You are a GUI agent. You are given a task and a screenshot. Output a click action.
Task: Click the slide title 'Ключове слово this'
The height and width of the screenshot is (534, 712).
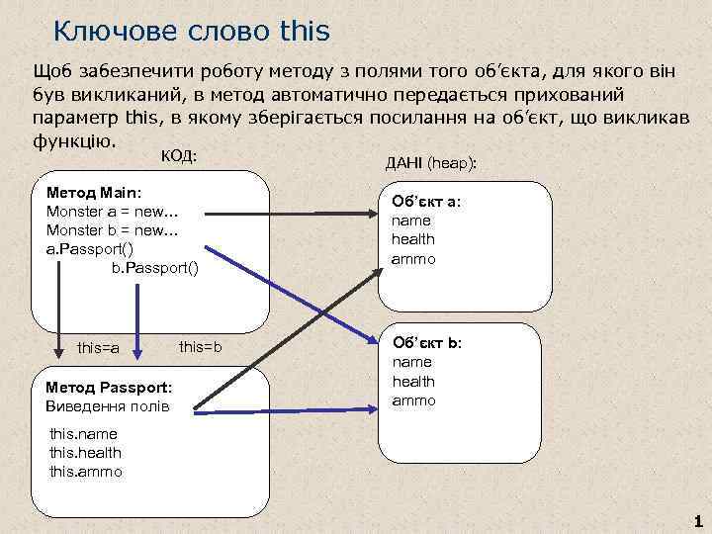pos(191,32)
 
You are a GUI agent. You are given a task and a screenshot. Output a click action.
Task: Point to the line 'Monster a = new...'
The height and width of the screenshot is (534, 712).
pos(111,212)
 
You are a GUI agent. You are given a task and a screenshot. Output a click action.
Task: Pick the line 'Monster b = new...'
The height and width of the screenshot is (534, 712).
pos(111,230)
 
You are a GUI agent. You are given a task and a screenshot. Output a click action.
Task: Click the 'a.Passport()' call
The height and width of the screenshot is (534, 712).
pos(91,248)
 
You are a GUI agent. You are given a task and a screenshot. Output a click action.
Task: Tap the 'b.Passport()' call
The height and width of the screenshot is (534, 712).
pos(154,267)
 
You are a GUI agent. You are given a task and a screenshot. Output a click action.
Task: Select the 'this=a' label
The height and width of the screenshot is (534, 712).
pos(98,348)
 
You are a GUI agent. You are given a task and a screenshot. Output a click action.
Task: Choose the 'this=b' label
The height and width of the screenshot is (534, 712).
pos(201,347)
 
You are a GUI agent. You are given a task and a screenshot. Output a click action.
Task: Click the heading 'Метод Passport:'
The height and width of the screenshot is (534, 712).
pos(109,388)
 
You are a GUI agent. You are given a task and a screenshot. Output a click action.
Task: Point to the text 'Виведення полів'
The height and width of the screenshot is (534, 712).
pos(108,406)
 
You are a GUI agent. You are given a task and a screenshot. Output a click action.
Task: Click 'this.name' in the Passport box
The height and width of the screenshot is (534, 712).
pos(83,434)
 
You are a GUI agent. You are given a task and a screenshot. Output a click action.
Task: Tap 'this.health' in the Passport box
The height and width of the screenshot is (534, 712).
pos(86,453)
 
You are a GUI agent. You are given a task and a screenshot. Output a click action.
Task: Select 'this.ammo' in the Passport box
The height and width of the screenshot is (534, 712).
pos(86,472)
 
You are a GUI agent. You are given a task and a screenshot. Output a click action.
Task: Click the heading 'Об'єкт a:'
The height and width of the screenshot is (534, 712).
pos(427,201)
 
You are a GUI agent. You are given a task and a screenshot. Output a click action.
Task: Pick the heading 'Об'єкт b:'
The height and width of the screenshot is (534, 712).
pos(427,343)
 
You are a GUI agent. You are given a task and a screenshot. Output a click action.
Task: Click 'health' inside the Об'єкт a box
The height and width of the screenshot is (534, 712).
pos(413,239)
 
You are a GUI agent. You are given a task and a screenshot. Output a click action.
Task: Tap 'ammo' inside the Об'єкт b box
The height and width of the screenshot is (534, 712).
pos(413,400)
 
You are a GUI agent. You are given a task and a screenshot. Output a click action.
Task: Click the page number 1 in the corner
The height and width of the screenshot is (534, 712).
pos(698,521)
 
